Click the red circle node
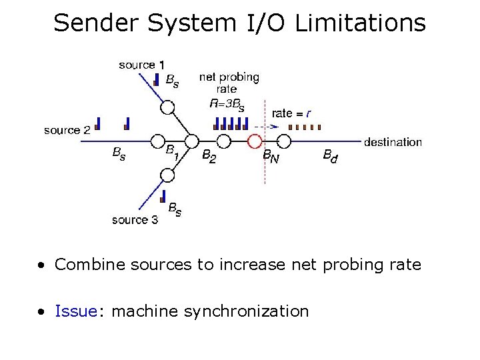point(254,141)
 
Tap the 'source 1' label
point(141,65)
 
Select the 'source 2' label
point(67,130)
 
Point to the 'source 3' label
point(135,219)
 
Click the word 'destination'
point(393,142)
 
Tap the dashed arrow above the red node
point(267,126)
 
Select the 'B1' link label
point(173,153)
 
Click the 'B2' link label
point(209,156)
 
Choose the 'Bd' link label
point(330,156)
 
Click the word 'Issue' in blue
point(76,311)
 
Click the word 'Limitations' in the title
point(359,23)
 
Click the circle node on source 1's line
point(167,107)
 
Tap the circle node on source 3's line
point(167,175)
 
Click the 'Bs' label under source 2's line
point(118,154)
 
